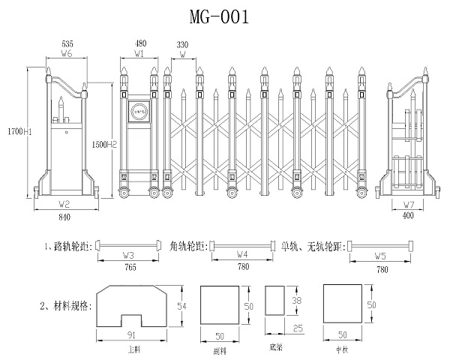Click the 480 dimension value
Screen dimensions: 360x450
(140, 44)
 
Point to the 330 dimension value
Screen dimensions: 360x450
(182, 44)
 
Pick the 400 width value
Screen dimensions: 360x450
(409, 217)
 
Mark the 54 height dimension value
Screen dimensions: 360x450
(180, 306)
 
